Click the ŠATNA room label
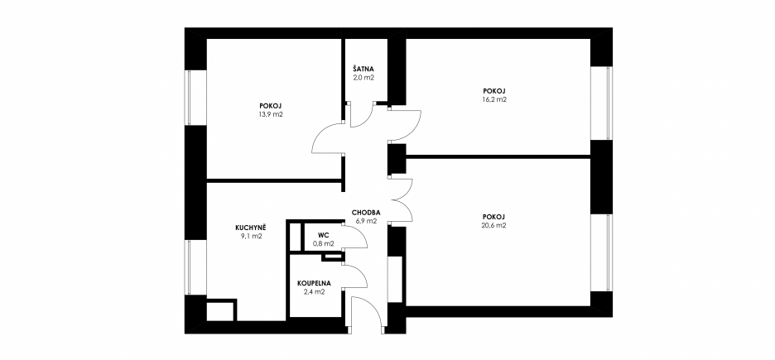pos(363,70)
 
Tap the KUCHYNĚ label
pos(251,228)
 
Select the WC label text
pos(323,235)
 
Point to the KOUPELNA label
pos(315,284)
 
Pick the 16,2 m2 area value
pos(495,99)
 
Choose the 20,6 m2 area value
pos(495,225)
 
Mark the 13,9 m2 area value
pos(271,114)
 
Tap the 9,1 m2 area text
pos(252,236)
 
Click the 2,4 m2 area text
pos(315,292)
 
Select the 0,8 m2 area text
pos(324,243)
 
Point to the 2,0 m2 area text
pos(363,78)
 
